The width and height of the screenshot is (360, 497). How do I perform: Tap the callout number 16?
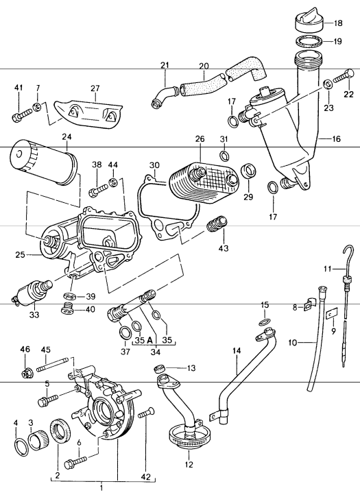click(x=336, y=139)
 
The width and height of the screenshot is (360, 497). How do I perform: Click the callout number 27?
click(x=95, y=88)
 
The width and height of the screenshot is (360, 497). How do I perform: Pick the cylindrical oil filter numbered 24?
click(x=44, y=163)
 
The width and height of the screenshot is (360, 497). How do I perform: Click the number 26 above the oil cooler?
click(x=200, y=139)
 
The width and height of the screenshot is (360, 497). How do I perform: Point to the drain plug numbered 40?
click(x=67, y=309)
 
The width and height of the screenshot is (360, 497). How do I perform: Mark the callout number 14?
click(x=237, y=351)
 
